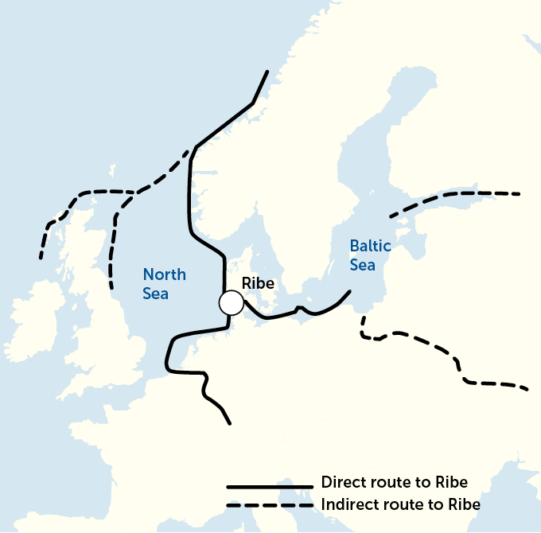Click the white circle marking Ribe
click(x=231, y=303)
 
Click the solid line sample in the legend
click(x=270, y=486)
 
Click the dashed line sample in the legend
click(x=270, y=506)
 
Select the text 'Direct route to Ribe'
click(x=393, y=483)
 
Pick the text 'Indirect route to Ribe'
click(x=400, y=504)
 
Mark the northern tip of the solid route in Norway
click(x=267, y=72)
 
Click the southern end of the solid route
click(x=229, y=423)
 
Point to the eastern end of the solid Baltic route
click(x=350, y=292)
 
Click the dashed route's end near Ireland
click(x=41, y=258)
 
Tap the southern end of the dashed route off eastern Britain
click(x=111, y=285)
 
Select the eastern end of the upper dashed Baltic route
click(x=520, y=193)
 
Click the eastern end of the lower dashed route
click(x=527, y=389)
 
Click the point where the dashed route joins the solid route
click(x=193, y=148)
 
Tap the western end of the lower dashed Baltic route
click(x=363, y=317)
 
